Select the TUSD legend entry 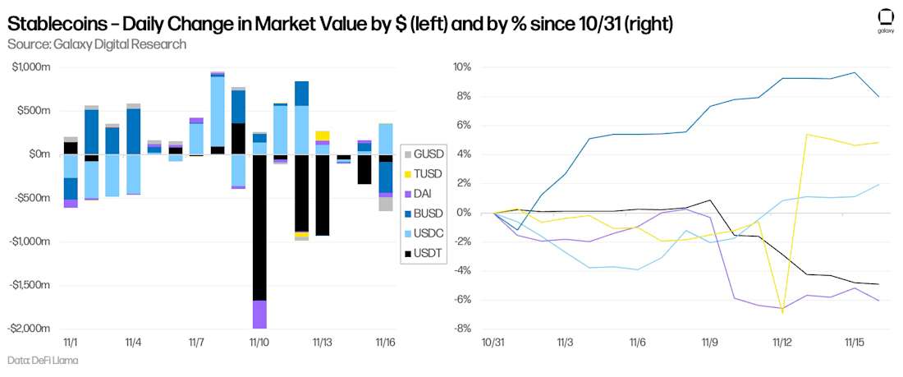[x=422, y=174]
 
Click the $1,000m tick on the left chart [x=31, y=67]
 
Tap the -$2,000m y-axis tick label [x=30, y=329]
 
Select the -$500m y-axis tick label [x=33, y=198]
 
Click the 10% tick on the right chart [x=459, y=67]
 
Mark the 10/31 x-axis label [x=493, y=342]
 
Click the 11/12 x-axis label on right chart [x=782, y=342]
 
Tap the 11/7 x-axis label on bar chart [x=196, y=342]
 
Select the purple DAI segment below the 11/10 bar [x=259, y=315]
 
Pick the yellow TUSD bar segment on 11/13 [x=322, y=136]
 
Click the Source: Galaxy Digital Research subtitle [x=96, y=44]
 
